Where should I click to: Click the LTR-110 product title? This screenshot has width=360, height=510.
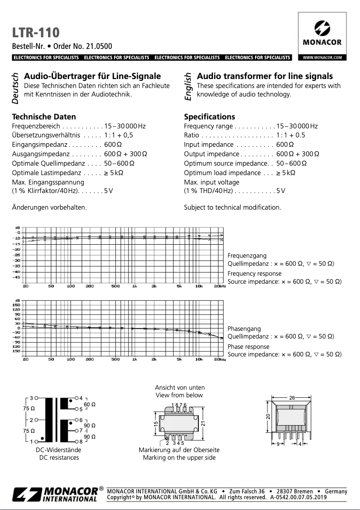coord(35,32)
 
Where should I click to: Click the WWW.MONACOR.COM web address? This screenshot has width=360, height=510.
coord(322,57)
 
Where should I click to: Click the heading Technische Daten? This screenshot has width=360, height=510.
coord(44,117)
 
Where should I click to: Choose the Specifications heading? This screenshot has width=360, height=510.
coord(209,117)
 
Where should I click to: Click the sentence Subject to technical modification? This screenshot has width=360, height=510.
coord(233,207)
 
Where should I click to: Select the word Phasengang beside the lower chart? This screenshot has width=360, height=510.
coord(244,329)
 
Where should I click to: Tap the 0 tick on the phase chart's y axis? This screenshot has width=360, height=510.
coord(18,328)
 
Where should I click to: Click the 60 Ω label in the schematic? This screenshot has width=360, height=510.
coord(90,404)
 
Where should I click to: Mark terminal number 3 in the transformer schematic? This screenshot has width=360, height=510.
coord(31,398)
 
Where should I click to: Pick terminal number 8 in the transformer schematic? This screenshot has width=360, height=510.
coord(81,442)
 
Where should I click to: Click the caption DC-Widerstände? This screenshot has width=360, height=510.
coord(59,450)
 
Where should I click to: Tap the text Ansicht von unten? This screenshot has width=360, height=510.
coord(180,387)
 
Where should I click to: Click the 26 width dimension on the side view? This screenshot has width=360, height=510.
coord(292,398)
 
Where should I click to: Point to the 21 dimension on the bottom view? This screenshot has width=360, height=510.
coord(203,423)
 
